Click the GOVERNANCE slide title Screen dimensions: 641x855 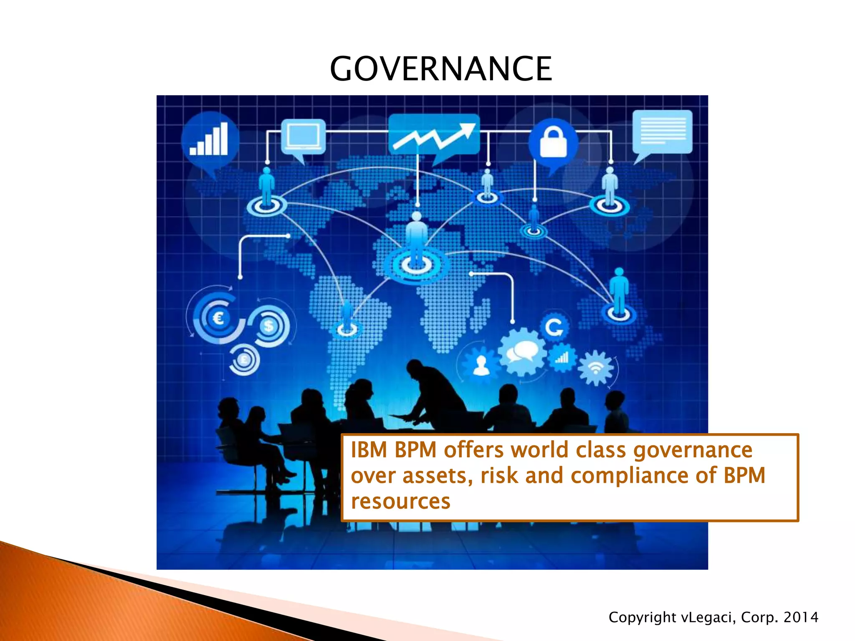[x=441, y=69]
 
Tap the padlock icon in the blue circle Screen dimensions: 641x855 [x=553, y=142]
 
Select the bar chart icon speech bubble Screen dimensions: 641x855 [x=210, y=140]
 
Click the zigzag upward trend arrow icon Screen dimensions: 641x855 [x=434, y=134]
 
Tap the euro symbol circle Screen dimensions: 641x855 [x=218, y=319]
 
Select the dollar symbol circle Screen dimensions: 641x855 [x=269, y=326]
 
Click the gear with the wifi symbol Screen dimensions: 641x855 [x=596, y=368]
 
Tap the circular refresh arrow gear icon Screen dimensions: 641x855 [x=554, y=327]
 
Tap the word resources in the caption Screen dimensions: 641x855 [x=400, y=501]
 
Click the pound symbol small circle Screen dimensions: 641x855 [x=244, y=360]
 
